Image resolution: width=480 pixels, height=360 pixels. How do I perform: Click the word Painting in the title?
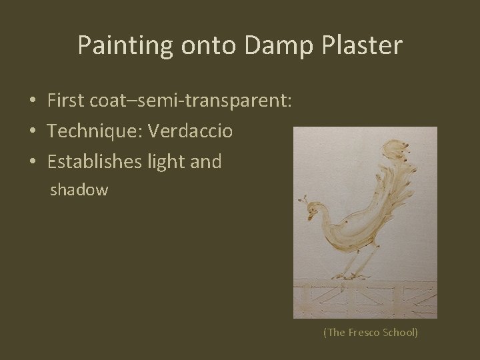click(x=125, y=45)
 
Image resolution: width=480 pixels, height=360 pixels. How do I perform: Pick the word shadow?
click(x=79, y=190)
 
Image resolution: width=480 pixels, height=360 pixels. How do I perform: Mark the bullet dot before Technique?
click(x=32, y=131)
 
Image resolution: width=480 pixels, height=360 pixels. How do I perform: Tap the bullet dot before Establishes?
click(x=32, y=161)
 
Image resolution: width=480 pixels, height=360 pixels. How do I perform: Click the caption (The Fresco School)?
click(x=370, y=331)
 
